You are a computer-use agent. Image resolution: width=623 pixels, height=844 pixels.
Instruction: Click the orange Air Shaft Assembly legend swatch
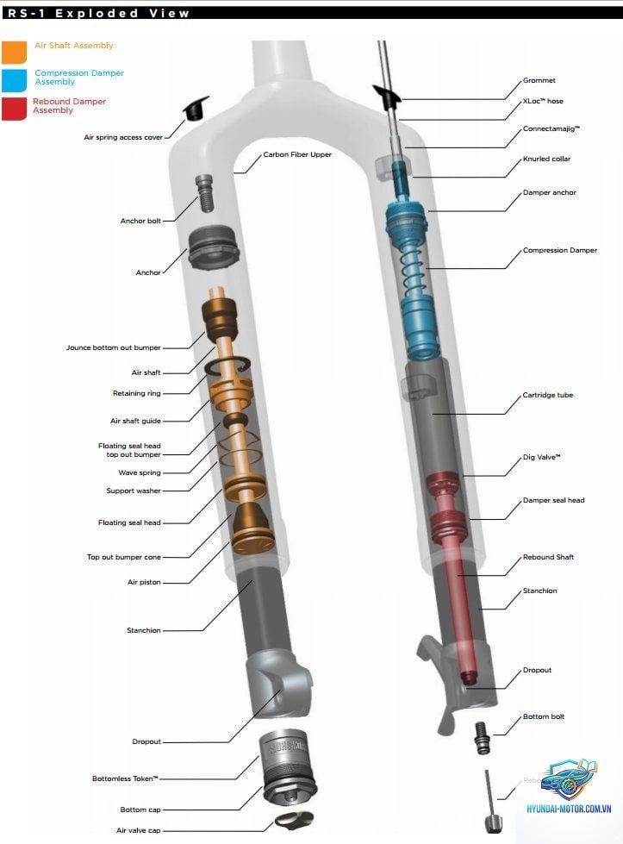click(x=14, y=53)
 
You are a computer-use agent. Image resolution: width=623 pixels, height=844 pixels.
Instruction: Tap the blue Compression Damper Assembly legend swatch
click(x=14, y=80)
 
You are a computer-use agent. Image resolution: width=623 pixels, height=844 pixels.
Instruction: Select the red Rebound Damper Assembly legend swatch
click(x=14, y=109)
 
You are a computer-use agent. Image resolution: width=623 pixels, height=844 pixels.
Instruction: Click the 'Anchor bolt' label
click(x=140, y=221)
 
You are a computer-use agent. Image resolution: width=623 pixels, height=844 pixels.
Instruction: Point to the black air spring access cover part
click(x=196, y=109)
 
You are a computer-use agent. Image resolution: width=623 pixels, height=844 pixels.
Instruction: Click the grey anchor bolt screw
click(x=204, y=193)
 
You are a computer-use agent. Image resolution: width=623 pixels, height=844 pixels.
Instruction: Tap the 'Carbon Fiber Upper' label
click(x=297, y=154)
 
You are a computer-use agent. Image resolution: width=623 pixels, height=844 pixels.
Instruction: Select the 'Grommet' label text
click(x=539, y=80)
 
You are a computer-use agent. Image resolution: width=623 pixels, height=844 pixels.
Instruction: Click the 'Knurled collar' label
click(x=546, y=159)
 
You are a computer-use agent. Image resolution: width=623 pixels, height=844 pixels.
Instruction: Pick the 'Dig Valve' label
click(x=542, y=457)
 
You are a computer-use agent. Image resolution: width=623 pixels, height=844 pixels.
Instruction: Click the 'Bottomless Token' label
click(x=125, y=778)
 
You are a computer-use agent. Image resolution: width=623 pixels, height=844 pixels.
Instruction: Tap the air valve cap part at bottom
click(x=295, y=820)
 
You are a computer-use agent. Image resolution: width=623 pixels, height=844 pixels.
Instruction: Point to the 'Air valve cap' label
click(x=138, y=830)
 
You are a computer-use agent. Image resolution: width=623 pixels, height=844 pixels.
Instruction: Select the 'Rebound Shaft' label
click(x=548, y=557)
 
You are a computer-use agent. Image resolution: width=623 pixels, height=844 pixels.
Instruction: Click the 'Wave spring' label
click(x=140, y=472)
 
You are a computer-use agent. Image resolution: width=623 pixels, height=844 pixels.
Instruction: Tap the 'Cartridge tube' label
click(x=548, y=395)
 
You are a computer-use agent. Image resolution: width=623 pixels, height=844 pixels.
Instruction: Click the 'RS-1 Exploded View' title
click(x=99, y=13)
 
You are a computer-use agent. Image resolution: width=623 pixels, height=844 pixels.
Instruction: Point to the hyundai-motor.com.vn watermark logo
click(x=569, y=787)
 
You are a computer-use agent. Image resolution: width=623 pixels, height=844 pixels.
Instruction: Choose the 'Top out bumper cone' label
click(x=124, y=557)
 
